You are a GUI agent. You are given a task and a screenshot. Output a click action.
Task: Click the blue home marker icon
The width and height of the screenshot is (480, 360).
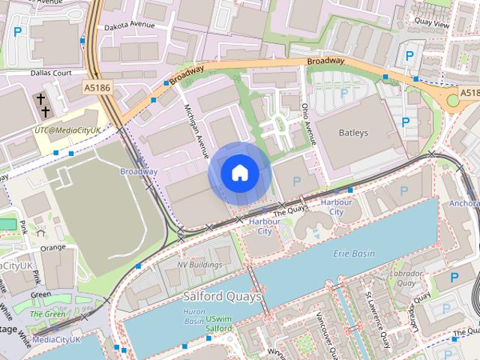tap(238, 173)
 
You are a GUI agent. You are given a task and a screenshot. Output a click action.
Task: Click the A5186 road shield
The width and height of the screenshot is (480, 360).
tap(97, 88)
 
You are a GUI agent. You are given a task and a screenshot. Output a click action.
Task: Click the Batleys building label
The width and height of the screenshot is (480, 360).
tap(351, 133)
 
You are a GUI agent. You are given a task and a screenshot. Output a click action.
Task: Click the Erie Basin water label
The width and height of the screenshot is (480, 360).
tap(353, 253)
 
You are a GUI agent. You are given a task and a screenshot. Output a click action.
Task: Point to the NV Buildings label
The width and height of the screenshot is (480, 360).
tap(199, 265)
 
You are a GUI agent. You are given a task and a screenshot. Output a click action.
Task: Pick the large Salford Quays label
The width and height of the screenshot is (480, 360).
tap(223, 297)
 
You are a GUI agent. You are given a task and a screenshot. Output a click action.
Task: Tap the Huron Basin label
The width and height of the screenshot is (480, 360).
tap(193, 316)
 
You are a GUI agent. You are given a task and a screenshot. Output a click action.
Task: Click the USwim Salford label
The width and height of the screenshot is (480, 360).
tap(220, 323)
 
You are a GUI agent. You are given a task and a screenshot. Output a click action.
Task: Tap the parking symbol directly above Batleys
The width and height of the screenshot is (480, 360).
tap(343, 92)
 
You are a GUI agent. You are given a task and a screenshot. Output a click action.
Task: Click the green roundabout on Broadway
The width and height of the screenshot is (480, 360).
tap(452, 99)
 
